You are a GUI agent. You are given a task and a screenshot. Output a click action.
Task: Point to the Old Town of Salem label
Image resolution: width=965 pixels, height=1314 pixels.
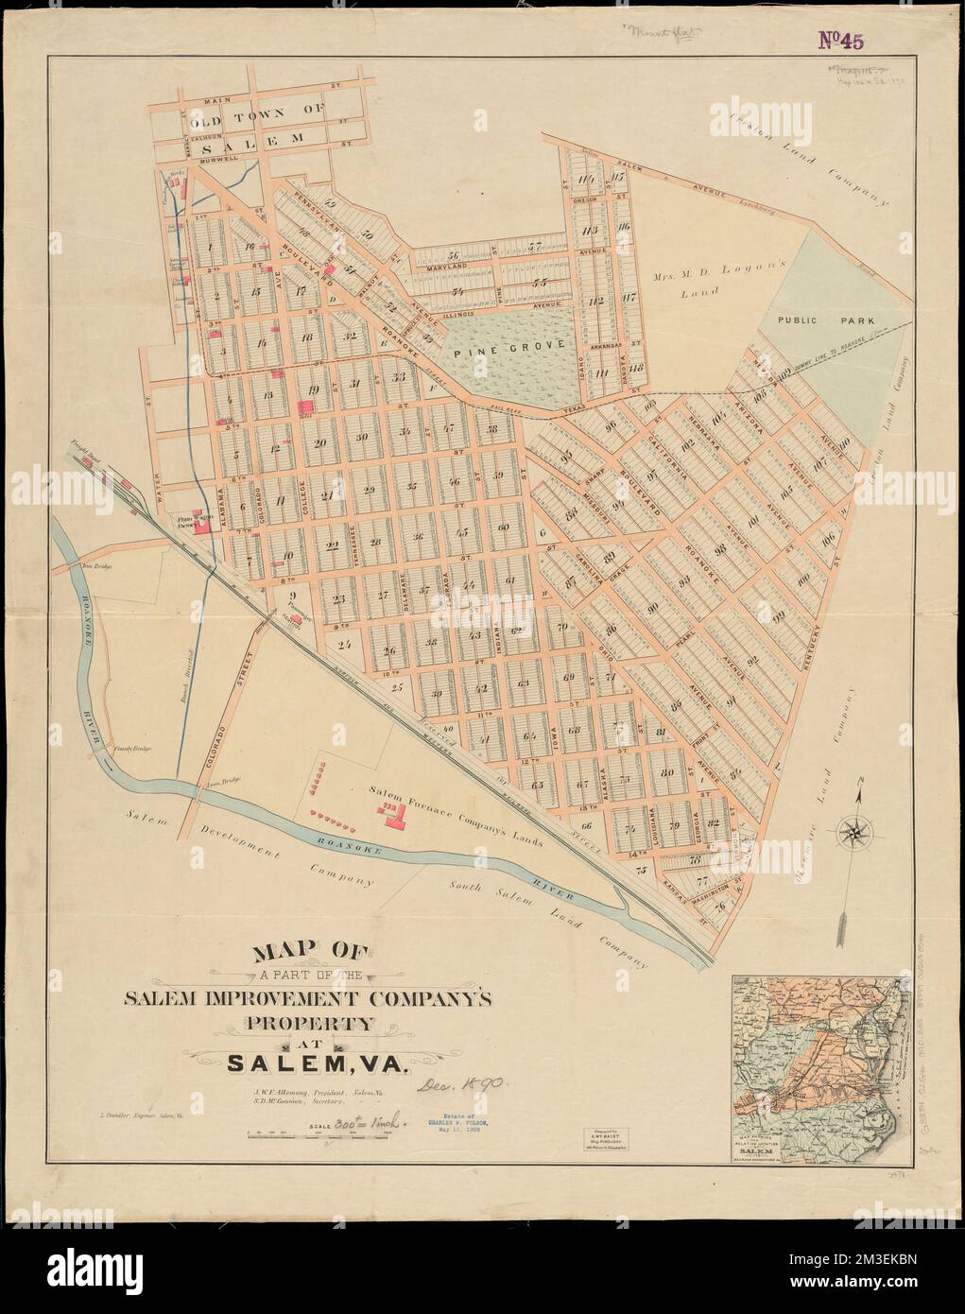(x=244, y=123)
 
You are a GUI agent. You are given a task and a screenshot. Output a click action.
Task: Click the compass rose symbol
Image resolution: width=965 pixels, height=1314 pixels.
(x=854, y=832)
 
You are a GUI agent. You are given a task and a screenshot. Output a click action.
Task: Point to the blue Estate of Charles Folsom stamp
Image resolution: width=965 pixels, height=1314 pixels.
(x=458, y=1128)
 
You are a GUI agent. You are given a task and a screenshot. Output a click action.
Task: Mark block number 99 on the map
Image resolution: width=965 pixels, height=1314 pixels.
(x=781, y=615)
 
